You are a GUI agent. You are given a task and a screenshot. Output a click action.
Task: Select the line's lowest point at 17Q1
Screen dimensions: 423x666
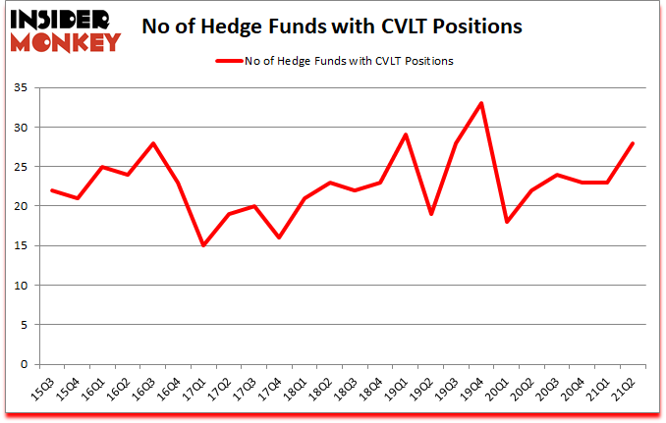point(203,245)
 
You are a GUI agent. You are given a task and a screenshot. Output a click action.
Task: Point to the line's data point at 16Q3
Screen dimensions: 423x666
point(153,143)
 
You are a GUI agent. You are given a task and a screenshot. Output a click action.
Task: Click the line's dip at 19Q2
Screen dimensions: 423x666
point(432,214)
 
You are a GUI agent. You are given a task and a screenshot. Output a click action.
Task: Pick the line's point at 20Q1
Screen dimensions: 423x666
point(508,222)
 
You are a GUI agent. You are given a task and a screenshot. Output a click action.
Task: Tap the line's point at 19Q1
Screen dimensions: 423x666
point(407,134)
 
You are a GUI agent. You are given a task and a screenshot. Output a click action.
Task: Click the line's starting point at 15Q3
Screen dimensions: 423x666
point(51,190)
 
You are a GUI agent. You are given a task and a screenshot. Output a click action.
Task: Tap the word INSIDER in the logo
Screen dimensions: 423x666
point(62,17)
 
